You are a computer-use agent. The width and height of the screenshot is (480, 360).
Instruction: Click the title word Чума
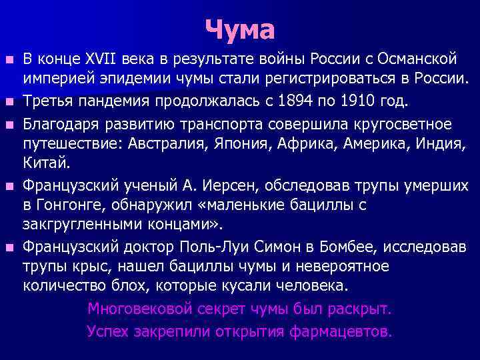click(x=239, y=29)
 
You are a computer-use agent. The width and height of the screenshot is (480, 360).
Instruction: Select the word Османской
click(x=415, y=60)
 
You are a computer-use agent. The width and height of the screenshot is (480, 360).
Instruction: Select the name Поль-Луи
click(x=214, y=247)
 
